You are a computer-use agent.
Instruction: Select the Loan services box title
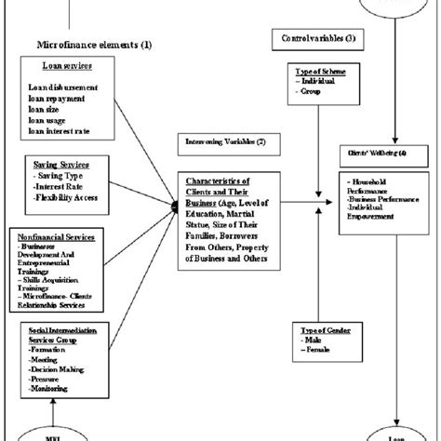(x=63, y=66)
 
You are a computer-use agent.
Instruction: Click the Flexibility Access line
(x=67, y=197)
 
